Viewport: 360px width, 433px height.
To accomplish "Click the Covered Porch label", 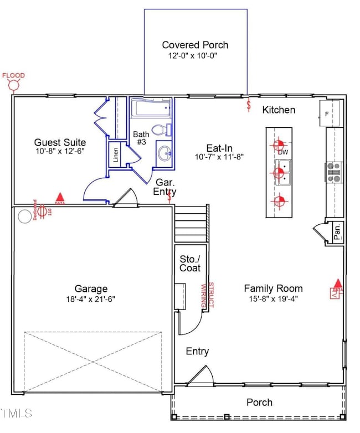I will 195,45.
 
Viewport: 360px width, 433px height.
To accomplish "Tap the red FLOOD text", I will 13,75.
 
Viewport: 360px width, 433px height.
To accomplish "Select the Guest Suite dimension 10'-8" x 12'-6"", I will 59,151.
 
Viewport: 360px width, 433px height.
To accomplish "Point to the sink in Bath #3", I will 164,154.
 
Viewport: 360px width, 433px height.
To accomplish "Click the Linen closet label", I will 116,153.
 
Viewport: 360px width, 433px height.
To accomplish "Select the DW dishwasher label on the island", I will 283,152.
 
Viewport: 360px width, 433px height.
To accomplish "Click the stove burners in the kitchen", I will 335,172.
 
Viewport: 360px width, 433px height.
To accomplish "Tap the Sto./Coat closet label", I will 189,264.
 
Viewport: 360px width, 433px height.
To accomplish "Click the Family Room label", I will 273,288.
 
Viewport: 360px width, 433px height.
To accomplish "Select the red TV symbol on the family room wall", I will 336,292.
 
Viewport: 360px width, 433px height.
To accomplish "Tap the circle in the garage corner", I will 25,216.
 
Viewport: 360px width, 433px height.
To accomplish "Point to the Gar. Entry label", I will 165,187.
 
